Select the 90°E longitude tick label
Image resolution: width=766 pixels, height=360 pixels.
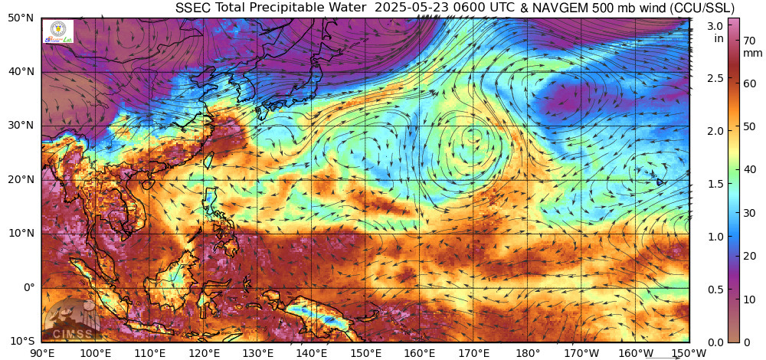pyautogui.click(x=42, y=352)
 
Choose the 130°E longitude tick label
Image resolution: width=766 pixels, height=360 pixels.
pyautogui.click(x=258, y=352)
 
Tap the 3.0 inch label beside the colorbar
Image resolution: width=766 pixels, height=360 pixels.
pyautogui.click(x=715, y=25)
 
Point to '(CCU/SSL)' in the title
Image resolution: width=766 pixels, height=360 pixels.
pyautogui.click(x=699, y=8)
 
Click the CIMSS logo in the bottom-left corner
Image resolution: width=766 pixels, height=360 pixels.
pyautogui.click(x=71, y=322)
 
